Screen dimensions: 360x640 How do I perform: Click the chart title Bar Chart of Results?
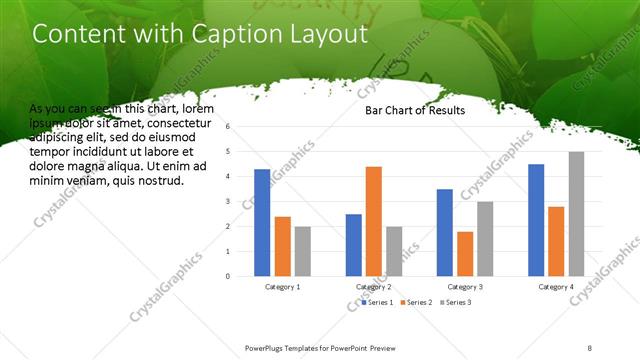413,111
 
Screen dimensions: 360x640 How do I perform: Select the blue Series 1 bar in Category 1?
262,222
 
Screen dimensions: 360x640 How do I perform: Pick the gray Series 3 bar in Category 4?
576,213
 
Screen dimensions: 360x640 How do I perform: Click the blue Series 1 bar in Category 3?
444,232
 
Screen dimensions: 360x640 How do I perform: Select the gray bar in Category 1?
303,250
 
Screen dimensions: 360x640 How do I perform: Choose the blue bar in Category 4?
536,219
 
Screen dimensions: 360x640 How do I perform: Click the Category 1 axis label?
282,287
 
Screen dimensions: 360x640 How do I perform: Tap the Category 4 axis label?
556,287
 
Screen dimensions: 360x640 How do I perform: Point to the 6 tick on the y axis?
229,127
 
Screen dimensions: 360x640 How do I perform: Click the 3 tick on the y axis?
229,201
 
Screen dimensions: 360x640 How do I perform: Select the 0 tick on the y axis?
229,276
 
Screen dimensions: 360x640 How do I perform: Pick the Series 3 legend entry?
455,301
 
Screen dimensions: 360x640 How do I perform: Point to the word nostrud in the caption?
158,181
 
